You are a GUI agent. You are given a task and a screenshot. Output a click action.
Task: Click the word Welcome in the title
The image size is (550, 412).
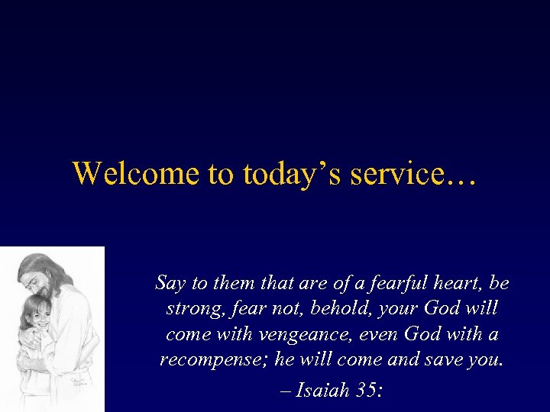coord(134,173)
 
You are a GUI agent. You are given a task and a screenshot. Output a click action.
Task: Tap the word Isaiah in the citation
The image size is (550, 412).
coord(323,391)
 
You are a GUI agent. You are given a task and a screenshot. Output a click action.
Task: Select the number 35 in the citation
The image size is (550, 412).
coord(365,391)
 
